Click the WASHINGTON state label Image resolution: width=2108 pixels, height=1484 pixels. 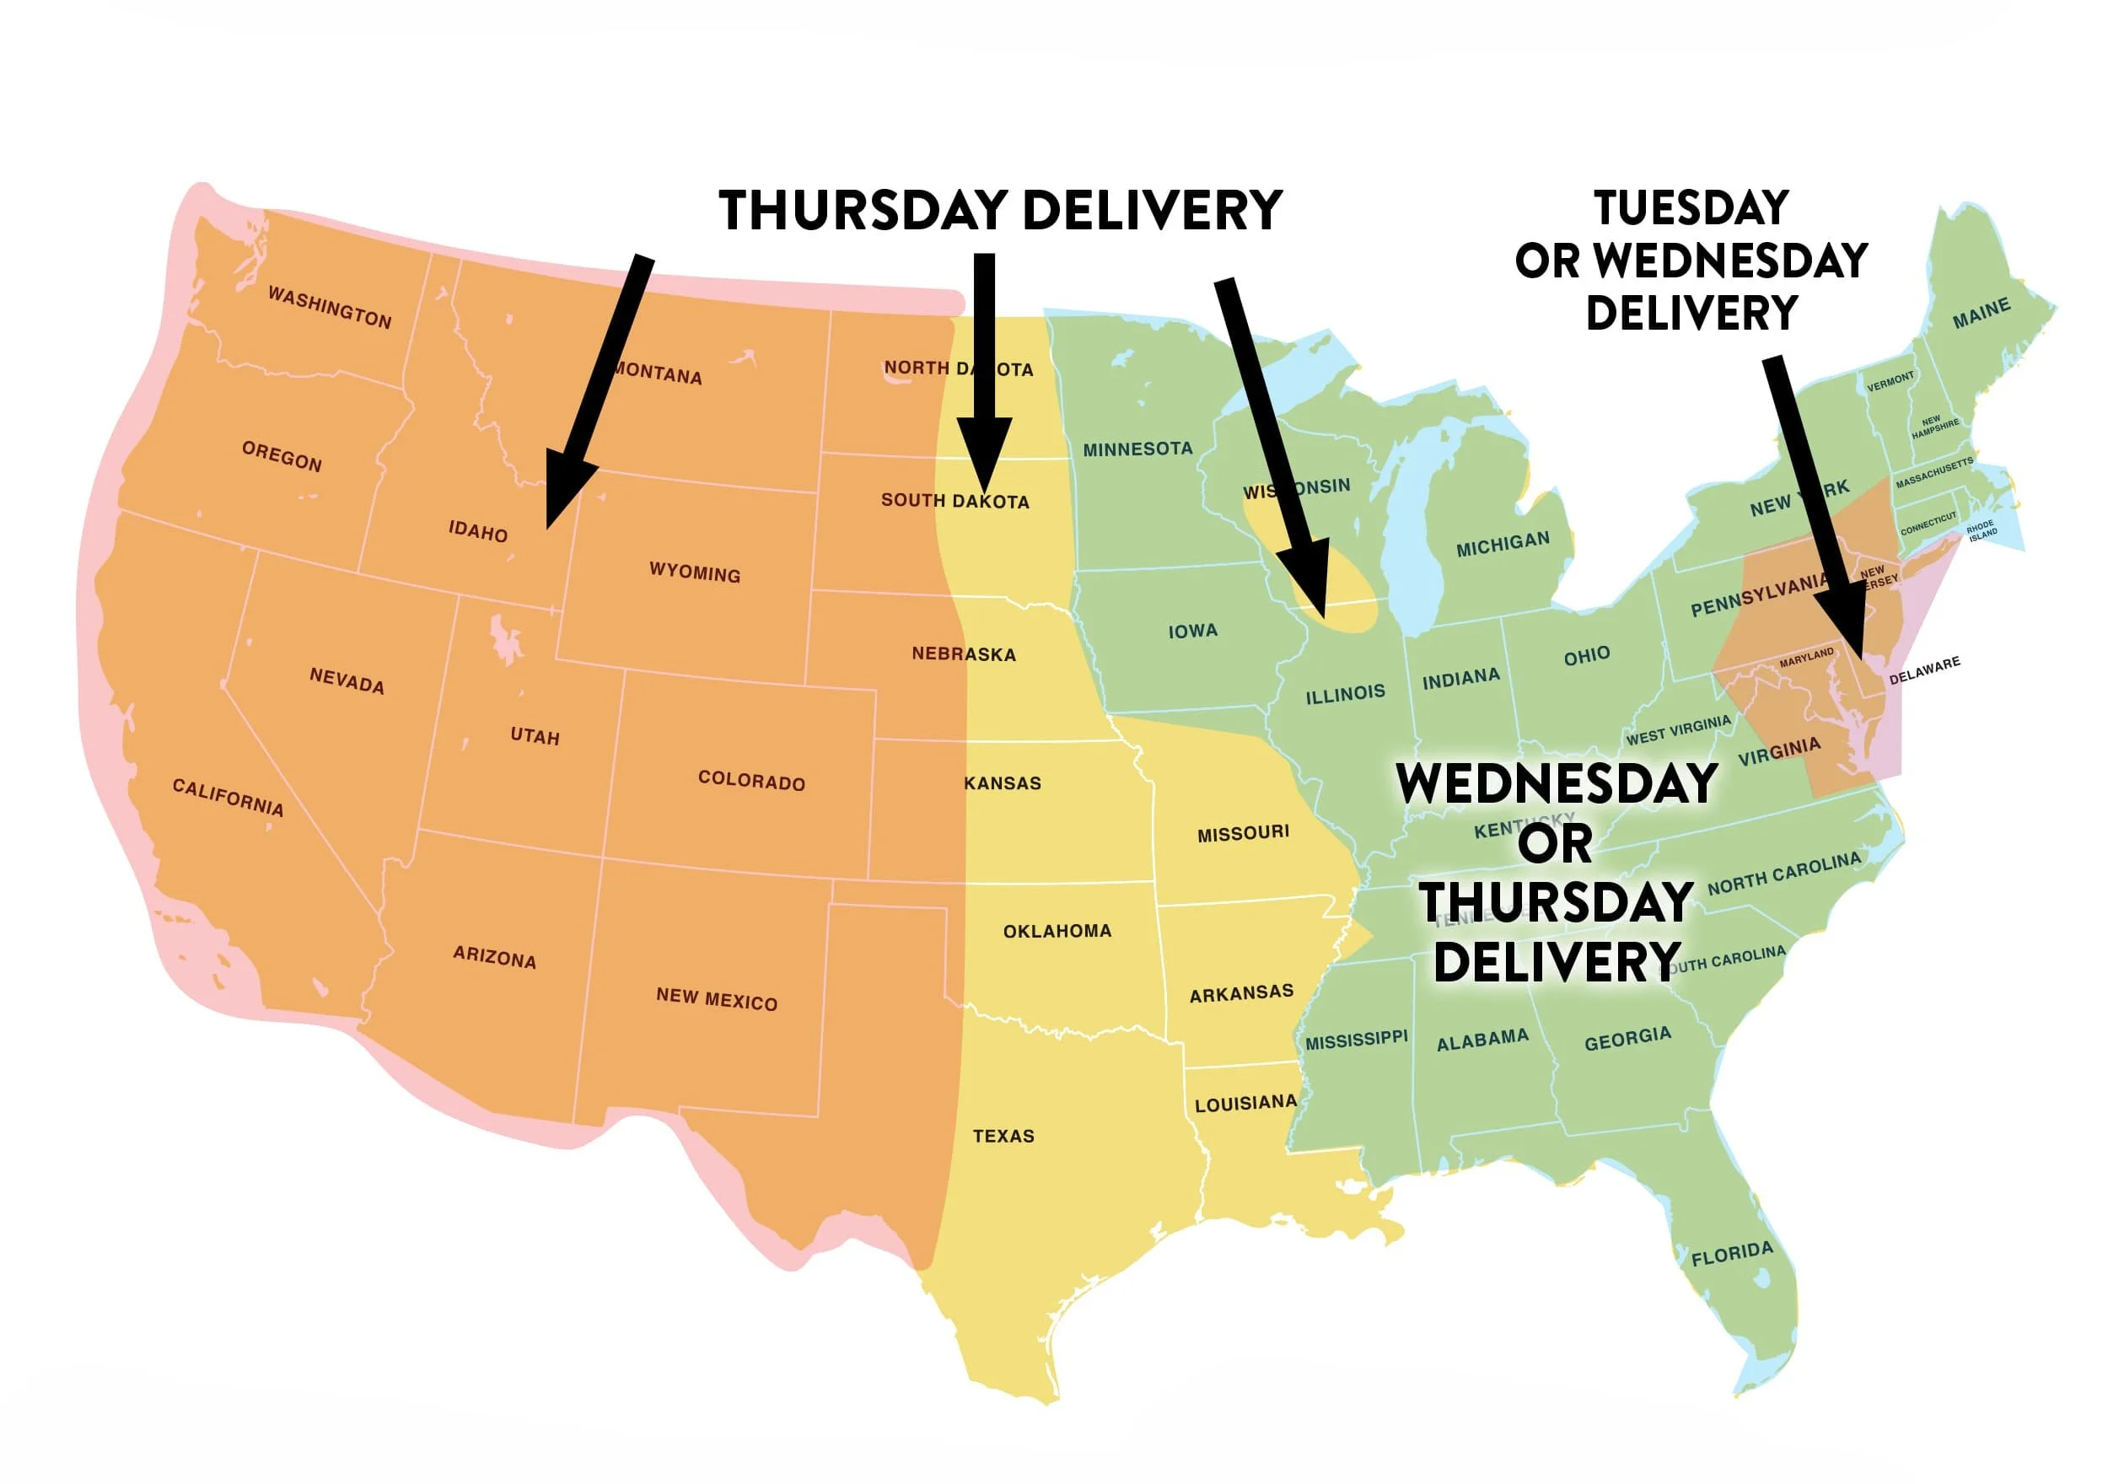click(330, 307)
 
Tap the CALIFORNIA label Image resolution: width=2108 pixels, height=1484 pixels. click(228, 797)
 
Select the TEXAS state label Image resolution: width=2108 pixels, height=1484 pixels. click(1003, 1136)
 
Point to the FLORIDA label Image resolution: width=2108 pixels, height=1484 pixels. click(1732, 1254)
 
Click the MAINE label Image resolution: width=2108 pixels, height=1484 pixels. click(1982, 313)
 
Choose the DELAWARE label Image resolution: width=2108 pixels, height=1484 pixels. click(1924, 670)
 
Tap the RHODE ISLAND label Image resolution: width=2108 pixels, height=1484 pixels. click(1982, 530)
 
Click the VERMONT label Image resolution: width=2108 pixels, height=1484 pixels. click(1890, 381)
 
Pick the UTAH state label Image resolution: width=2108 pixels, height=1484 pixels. click(535, 735)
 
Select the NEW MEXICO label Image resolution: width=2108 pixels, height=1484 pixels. click(716, 999)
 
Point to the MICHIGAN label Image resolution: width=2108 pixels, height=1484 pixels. click(1502, 544)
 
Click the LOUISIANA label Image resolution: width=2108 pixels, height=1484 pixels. click(1245, 1103)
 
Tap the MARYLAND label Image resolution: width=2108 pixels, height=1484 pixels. click(1806, 658)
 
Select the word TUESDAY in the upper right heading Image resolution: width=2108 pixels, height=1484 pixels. click(1691, 207)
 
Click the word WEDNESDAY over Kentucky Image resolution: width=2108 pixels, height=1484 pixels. click(1557, 783)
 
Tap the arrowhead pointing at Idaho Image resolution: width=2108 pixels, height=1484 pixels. click(562, 492)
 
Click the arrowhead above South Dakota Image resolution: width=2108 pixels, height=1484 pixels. click(984, 454)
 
